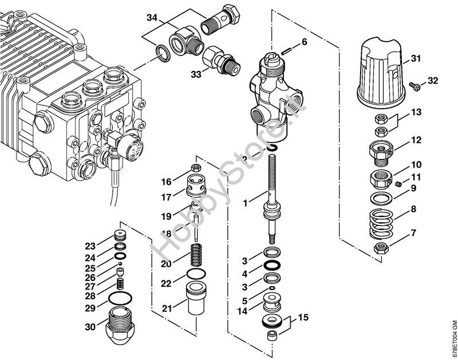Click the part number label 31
(416, 59)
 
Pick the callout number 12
(416, 140)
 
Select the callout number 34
(151, 19)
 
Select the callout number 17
(166, 197)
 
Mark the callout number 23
(90, 247)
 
